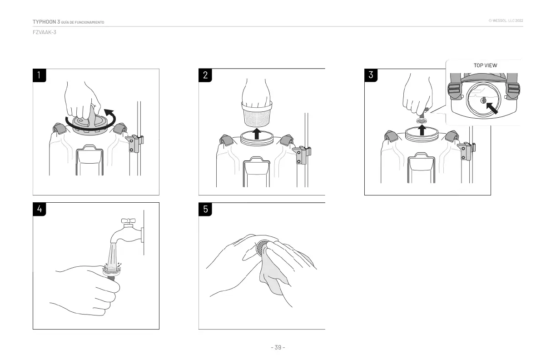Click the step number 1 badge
pos(40,75)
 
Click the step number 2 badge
pos(205,75)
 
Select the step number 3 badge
pos(371,75)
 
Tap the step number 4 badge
pos(40,209)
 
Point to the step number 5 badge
pos(205,209)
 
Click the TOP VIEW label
pos(485,65)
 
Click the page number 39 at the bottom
pos(278,348)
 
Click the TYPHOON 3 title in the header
pos(46,22)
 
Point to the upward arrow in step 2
pos(257,134)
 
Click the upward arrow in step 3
pos(422,130)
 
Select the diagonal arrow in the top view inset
pos(491,107)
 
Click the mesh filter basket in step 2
pos(257,116)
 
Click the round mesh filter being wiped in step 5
pos(261,248)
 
